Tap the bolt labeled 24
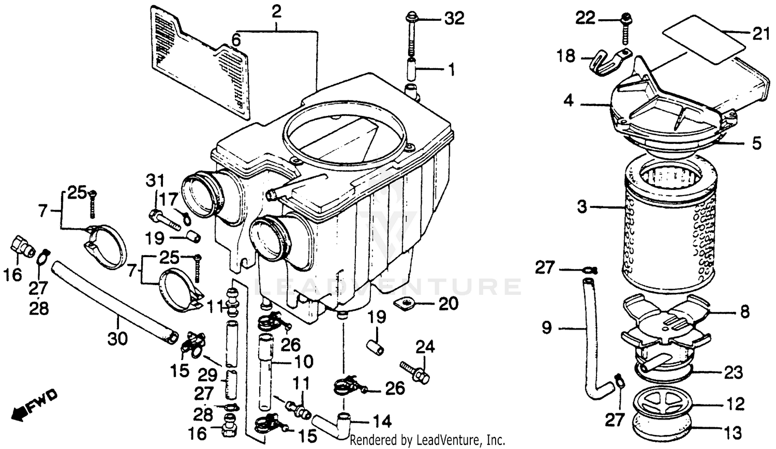(x=416, y=371)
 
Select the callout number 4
(x=569, y=101)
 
